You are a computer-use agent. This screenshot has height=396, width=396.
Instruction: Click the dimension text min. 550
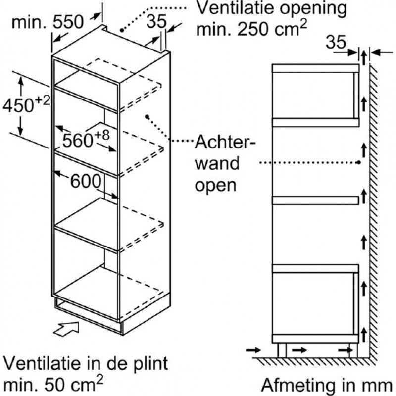48,23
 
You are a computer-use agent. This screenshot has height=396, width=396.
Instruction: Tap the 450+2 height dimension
26,105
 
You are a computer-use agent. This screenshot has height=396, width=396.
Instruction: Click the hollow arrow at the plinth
66,328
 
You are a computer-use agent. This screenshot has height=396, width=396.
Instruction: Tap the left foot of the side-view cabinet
282,350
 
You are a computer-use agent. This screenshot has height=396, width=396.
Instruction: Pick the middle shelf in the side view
315,199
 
